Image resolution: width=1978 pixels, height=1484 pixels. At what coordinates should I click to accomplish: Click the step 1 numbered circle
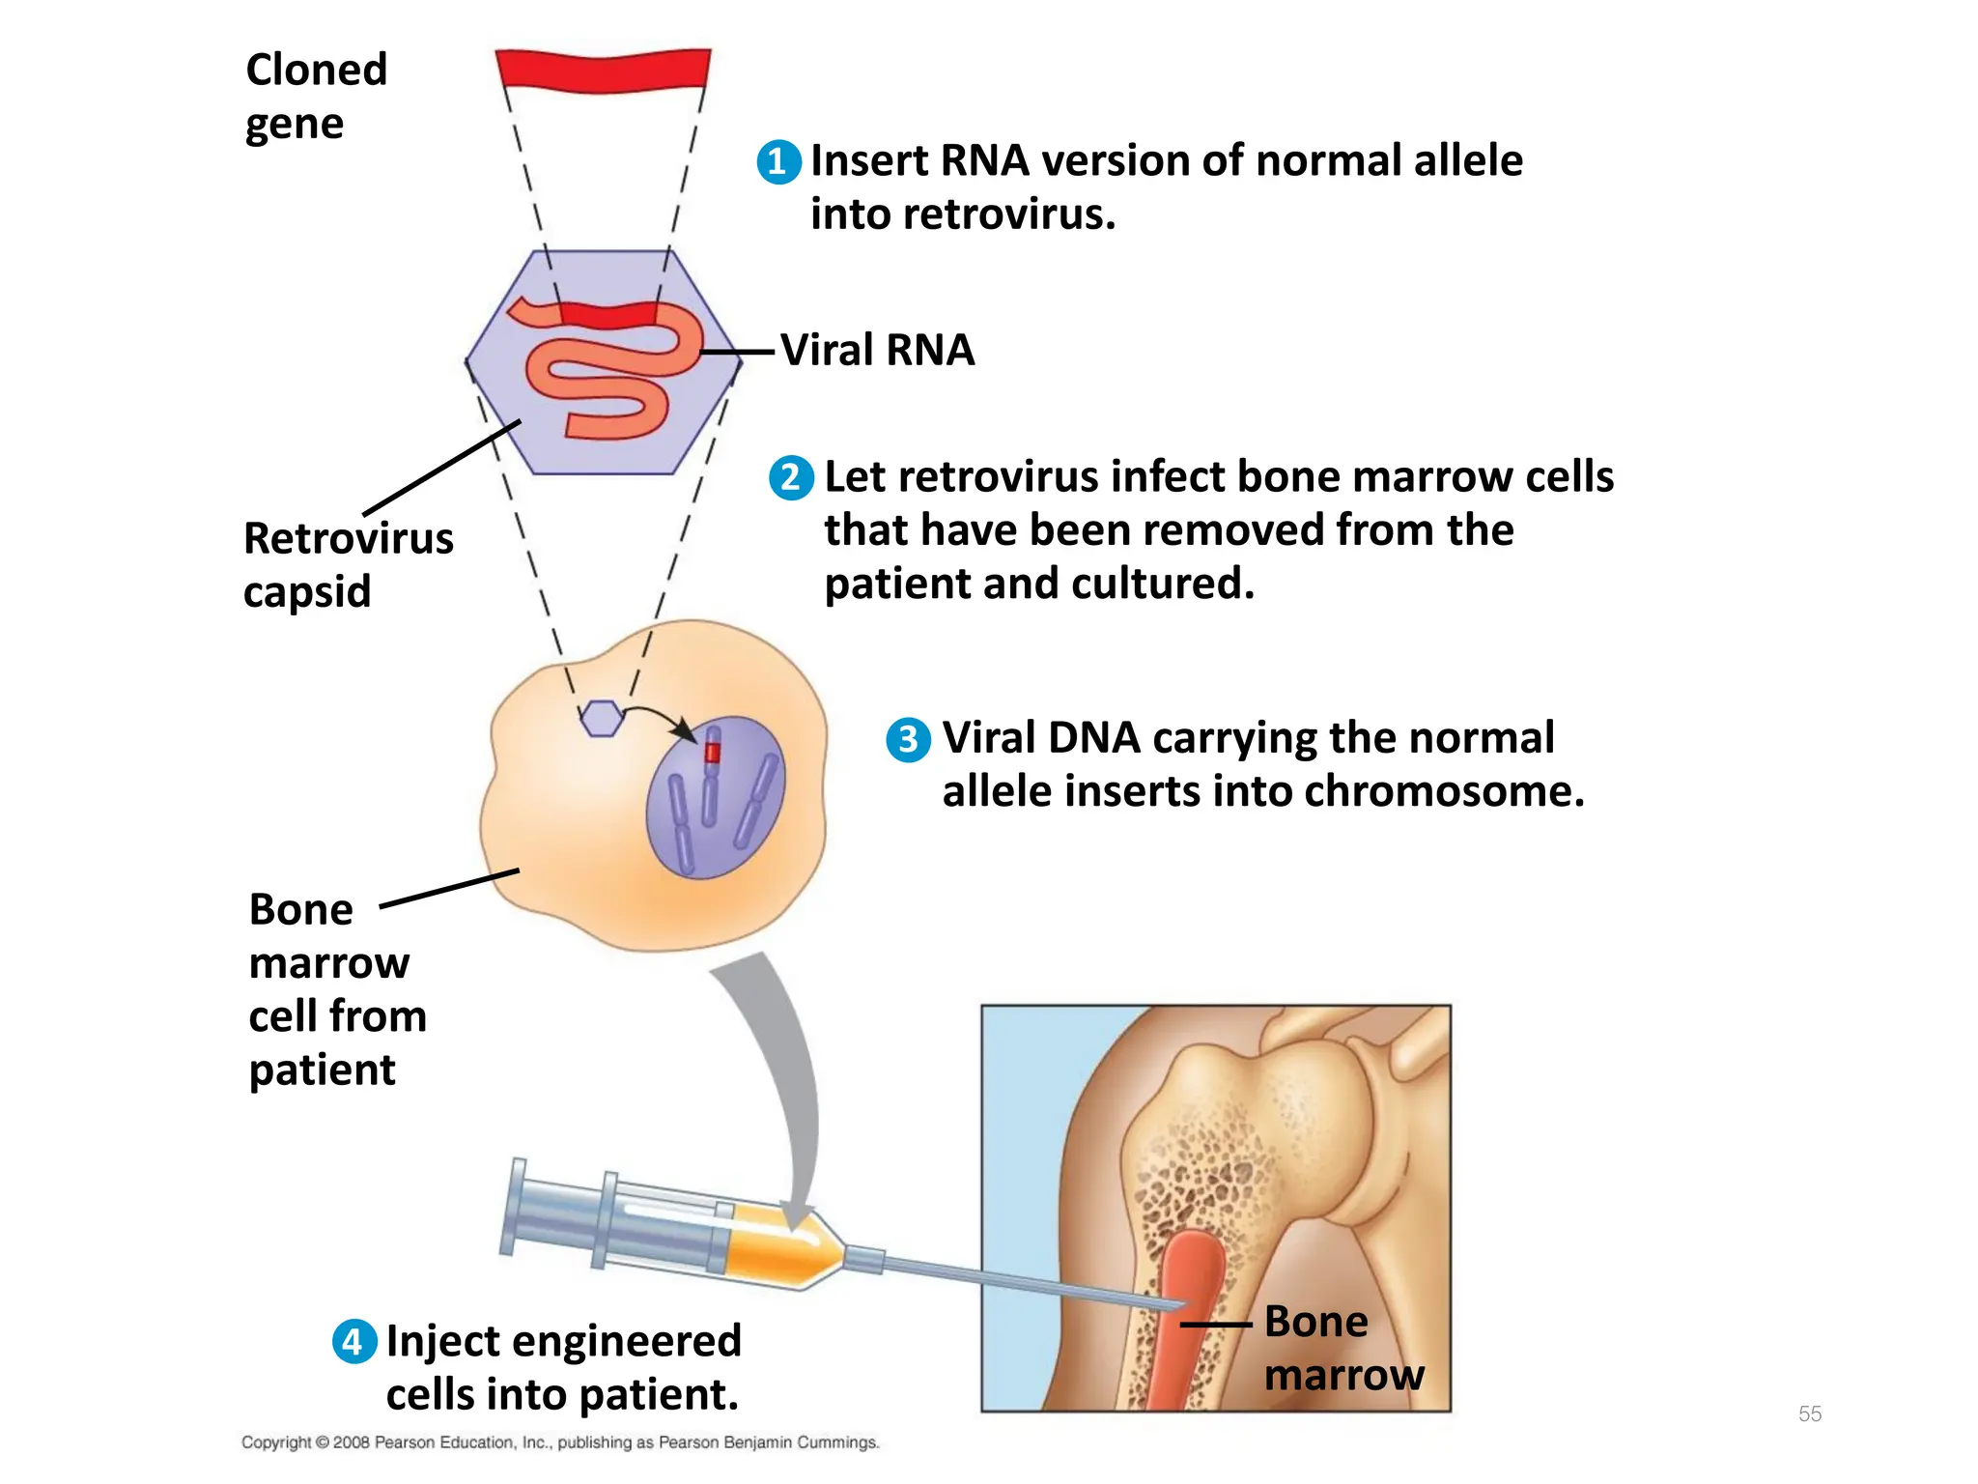(x=778, y=162)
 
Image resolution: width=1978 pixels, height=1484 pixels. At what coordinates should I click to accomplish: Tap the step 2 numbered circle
(x=791, y=477)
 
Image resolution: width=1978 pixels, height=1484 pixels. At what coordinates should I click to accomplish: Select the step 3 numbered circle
(x=908, y=740)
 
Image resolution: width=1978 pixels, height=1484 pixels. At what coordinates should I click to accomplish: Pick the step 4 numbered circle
(x=354, y=1342)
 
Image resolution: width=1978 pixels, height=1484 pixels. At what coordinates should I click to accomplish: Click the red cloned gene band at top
(x=603, y=70)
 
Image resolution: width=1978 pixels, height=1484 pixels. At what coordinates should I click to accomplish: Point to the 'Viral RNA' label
(x=877, y=350)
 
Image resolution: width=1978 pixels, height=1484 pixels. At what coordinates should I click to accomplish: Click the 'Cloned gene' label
(x=316, y=97)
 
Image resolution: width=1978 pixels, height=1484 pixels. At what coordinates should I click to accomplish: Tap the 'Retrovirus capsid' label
(x=348, y=564)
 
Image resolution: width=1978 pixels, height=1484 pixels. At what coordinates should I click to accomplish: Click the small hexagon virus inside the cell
(x=602, y=719)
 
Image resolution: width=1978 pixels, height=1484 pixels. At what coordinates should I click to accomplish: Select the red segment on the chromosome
(x=713, y=752)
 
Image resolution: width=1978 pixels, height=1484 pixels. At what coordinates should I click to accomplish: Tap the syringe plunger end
(x=517, y=1207)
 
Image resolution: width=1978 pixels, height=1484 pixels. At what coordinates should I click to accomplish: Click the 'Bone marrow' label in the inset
(x=1342, y=1348)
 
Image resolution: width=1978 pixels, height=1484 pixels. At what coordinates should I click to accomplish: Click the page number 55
(x=1809, y=1413)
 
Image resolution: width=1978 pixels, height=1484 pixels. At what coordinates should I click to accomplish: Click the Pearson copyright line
(x=560, y=1442)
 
